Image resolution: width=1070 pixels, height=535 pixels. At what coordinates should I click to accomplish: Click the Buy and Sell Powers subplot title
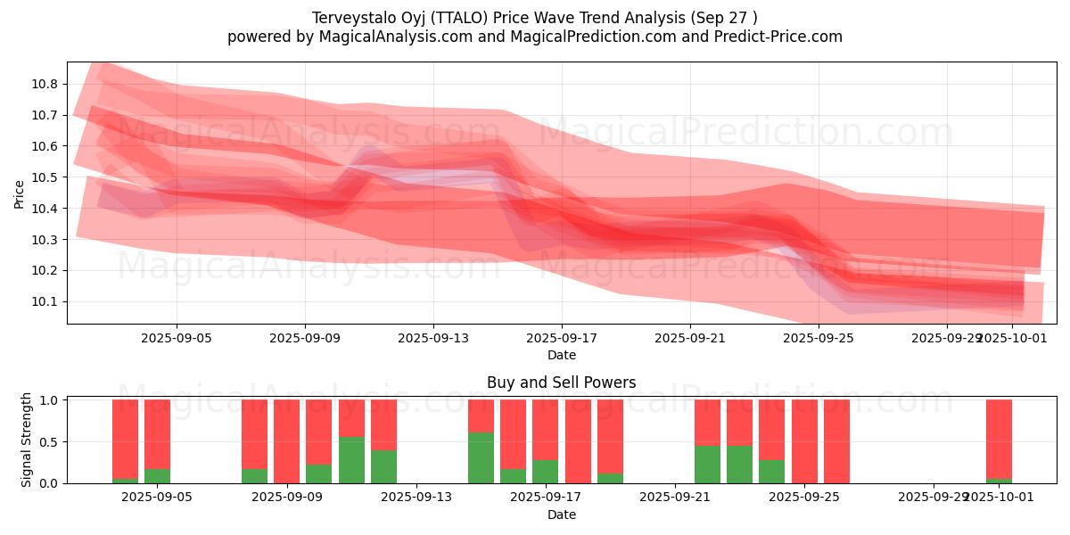point(561,383)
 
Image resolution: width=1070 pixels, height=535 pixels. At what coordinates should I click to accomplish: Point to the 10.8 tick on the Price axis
point(46,84)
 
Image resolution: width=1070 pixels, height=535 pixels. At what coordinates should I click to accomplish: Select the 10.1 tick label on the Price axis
point(46,301)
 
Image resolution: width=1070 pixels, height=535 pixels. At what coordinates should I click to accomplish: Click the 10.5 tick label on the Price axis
point(46,177)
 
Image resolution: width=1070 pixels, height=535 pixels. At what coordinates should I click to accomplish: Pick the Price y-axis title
point(19,193)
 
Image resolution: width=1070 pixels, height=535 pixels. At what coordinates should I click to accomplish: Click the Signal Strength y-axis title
point(27,440)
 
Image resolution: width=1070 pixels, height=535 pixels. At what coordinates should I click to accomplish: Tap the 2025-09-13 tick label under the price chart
point(433,338)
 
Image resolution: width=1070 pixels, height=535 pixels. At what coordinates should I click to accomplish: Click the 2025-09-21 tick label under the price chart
point(690,338)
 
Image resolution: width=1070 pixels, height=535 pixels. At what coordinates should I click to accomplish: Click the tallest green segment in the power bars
point(481,457)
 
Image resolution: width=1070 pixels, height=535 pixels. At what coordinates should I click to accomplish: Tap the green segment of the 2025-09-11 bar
point(351,460)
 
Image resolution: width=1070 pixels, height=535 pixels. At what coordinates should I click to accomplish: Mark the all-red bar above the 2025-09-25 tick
point(804,441)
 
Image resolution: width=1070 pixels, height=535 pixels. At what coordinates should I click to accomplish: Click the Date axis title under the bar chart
point(561,514)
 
